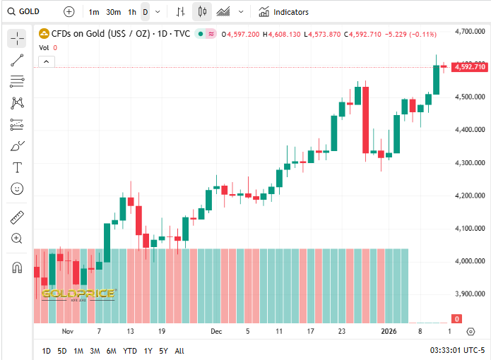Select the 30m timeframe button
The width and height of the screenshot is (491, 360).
click(x=113, y=12)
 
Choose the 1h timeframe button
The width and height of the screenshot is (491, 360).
click(x=132, y=12)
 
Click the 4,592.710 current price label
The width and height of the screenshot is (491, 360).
click(x=469, y=67)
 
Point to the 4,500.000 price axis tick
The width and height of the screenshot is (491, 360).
click(x=469, y=97)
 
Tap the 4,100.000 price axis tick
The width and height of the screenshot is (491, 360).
click(x=469, y=228)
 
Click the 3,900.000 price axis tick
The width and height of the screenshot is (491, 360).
click(x=469, y=294)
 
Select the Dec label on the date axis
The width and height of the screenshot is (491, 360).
click(x=216, y=331)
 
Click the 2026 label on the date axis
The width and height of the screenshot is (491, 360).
click(x=389, y=331)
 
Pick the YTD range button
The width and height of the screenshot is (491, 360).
click(x=130, y=351)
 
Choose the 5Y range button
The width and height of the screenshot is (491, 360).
click(x=163, y=351)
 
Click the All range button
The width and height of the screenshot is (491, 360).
click(x=179, y=351)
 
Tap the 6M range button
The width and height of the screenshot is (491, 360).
click(x=112, y=351)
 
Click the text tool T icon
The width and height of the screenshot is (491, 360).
click(x=17, y=167)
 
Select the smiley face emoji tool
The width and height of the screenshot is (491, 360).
click(x=17, y=188)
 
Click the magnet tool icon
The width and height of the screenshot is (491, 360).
click(x=17, y=268)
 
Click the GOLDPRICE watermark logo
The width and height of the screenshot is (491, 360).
click(x=78, y=294)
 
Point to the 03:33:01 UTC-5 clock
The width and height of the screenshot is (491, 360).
click(x=457, y=351)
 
